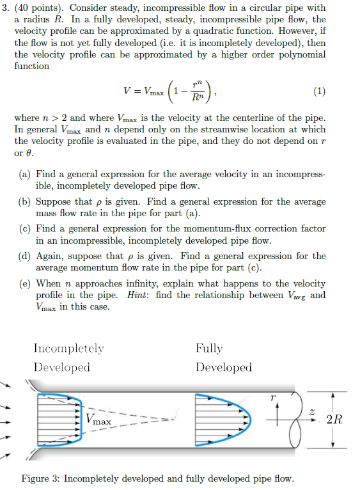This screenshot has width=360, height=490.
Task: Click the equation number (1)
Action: (320, 91)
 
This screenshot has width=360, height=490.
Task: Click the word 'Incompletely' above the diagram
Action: (68, 349)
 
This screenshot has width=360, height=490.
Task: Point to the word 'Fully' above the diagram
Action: (209, 349)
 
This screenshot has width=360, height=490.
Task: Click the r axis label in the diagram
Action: (274, 397)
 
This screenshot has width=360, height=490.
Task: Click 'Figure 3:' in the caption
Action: (41, 478)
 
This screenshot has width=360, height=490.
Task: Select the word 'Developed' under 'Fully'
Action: (224, 367)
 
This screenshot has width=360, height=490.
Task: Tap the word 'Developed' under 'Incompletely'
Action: (61, 367)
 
